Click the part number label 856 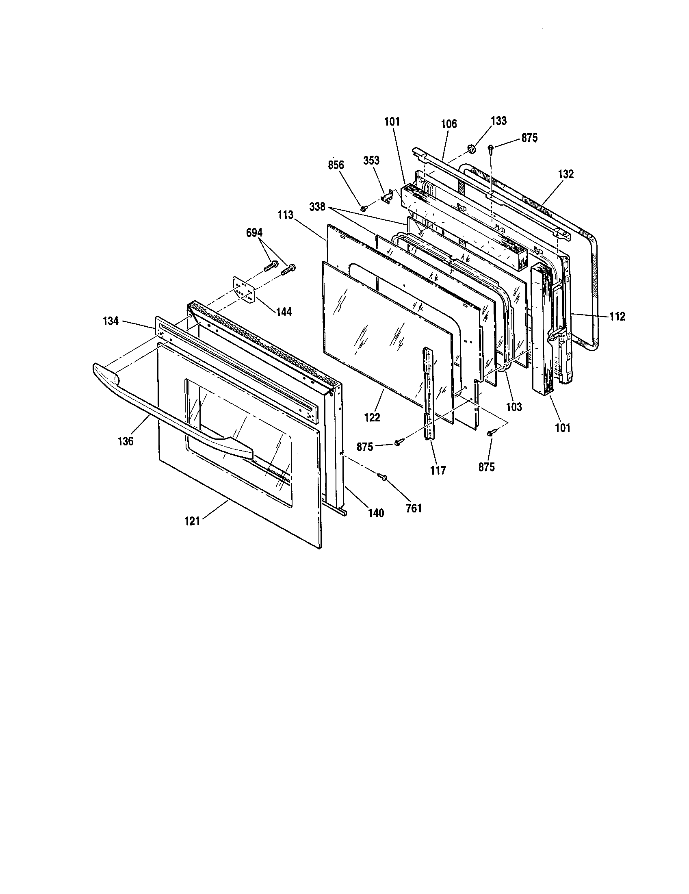(336, 165)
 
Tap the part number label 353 (371, 160)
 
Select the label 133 (499, 121)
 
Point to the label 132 (566, 174)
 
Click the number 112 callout (617, 317)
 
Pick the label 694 (254, 233)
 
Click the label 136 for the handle (126, 441)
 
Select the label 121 (192, 521)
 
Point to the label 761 (413, 509)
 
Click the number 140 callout (376, 513)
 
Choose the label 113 (286, 215)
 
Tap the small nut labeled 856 (363, 208)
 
